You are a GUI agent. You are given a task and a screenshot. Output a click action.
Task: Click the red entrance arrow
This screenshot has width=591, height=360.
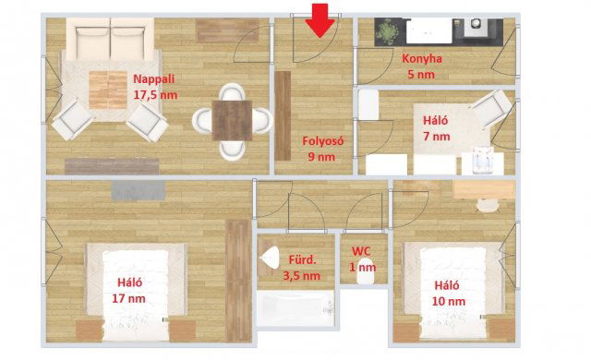320,19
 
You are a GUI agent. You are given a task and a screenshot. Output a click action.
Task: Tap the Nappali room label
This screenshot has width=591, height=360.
154,79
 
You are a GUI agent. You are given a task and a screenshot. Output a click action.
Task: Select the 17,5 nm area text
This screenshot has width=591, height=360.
155,94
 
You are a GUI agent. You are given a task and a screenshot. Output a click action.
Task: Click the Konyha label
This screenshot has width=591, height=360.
422,59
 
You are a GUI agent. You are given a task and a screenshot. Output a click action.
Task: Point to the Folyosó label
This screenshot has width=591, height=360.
323,141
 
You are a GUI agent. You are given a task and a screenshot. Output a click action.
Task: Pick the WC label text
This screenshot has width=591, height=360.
361,251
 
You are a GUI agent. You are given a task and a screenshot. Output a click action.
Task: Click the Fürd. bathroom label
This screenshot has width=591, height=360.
303,259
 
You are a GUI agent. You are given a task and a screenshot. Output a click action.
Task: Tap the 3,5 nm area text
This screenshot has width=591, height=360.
302,276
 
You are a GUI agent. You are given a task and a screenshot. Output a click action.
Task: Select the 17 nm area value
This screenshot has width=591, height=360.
128,299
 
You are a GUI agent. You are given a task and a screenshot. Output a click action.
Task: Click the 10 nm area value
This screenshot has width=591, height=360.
449,301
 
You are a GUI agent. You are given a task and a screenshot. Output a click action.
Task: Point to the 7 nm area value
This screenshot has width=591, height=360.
437,137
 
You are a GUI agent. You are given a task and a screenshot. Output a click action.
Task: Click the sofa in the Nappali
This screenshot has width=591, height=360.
110,39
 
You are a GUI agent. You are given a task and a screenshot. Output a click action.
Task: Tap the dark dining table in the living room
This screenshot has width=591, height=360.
232,121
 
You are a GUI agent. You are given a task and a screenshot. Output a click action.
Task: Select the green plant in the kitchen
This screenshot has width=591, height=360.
388,31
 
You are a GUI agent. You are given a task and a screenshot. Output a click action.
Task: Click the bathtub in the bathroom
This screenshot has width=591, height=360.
295,309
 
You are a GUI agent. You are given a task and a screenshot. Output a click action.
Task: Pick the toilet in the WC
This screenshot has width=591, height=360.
365,271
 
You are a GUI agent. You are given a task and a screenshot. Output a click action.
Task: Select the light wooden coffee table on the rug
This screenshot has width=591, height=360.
108,90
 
